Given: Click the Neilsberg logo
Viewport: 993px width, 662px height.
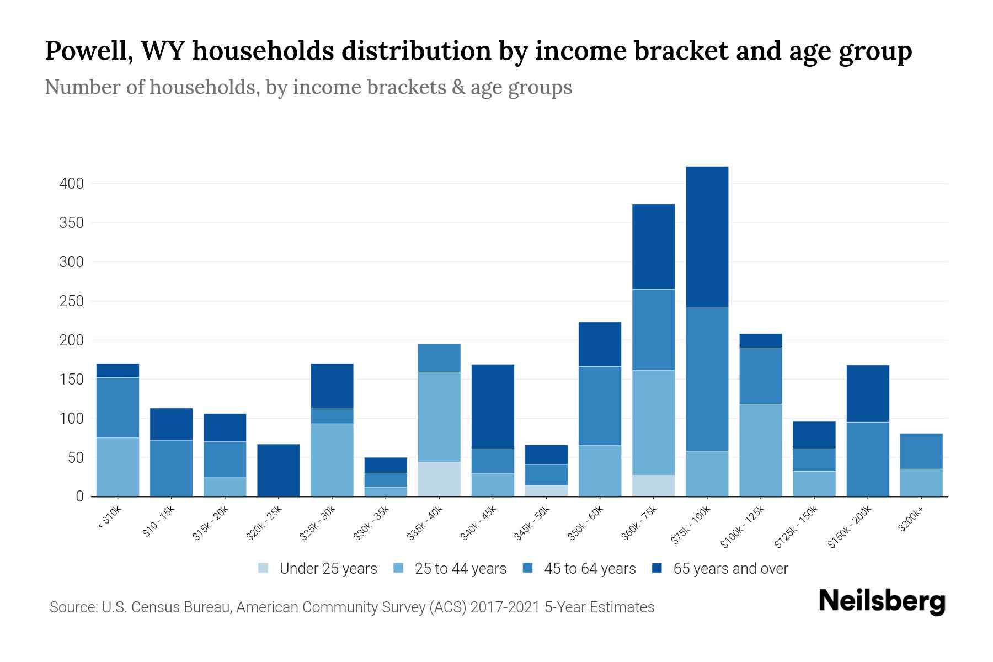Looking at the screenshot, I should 882,601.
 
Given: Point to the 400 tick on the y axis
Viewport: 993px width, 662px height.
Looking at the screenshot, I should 71,184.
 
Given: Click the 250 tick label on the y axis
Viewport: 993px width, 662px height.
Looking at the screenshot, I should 71,301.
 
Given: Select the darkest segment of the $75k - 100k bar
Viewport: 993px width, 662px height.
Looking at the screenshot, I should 707,237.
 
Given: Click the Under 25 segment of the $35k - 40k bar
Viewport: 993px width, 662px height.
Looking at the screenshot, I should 439,479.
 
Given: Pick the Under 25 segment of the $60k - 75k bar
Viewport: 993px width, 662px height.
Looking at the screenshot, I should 653,485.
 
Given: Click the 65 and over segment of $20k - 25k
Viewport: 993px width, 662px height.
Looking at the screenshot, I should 279,469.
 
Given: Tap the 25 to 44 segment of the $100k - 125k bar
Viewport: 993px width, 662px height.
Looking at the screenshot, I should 760,450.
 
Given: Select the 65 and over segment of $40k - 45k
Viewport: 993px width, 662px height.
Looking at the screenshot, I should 493,406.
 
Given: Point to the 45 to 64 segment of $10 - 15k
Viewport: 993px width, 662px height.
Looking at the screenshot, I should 171,468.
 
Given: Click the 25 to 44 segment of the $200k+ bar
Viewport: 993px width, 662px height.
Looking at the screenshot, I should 921,482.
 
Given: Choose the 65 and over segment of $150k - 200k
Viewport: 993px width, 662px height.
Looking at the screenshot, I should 867,393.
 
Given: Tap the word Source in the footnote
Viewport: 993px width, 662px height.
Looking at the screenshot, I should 72,607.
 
